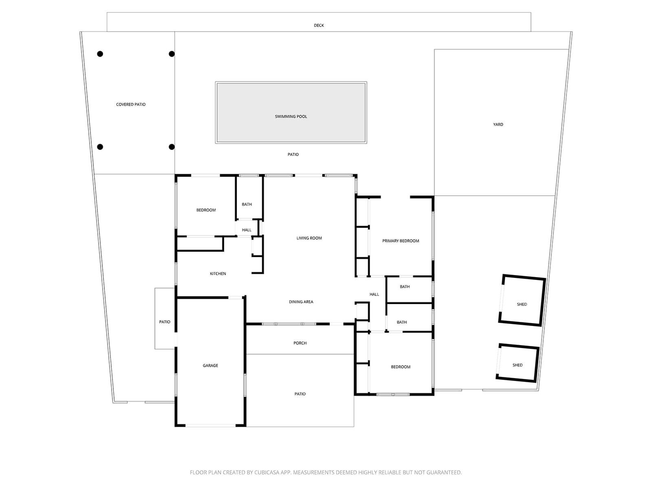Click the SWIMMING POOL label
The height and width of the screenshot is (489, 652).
(291, 117)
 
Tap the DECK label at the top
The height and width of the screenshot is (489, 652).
(319, 25)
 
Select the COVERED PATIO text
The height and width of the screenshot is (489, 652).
(131, 104)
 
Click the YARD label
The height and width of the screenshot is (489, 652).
(498, 124)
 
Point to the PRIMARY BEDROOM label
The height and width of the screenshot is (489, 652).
(401, 241)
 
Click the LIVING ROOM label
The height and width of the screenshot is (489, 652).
(309, 238)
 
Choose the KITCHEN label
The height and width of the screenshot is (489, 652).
(218, 273)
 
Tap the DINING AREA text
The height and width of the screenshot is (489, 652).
(301, 302)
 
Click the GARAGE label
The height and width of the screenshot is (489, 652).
(210, 366)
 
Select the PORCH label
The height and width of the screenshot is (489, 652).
(300, 343)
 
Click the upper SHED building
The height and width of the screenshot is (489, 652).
(522, 301)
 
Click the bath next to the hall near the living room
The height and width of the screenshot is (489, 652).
(247, 204)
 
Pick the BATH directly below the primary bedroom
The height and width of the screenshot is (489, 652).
(405, 286)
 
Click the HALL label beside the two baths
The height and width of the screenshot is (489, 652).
(374, 294)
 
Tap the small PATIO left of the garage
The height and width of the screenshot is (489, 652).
(165, 322)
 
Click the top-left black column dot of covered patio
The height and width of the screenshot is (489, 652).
(100, 54)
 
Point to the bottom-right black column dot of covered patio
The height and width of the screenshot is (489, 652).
(172, 147)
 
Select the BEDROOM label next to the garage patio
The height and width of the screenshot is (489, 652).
(401, 367)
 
